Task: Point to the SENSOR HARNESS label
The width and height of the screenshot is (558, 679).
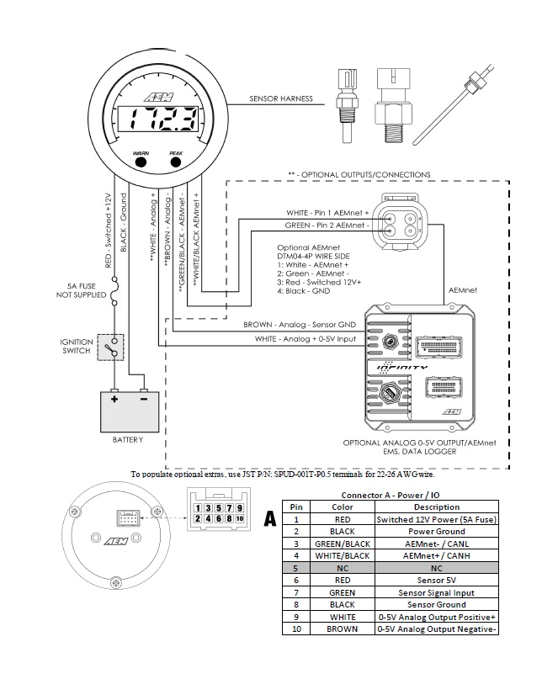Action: click(281, 98)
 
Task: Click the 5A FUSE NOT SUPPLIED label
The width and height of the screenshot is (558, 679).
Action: click(81, 290)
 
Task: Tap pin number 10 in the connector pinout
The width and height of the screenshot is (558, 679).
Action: click(240, 520)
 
